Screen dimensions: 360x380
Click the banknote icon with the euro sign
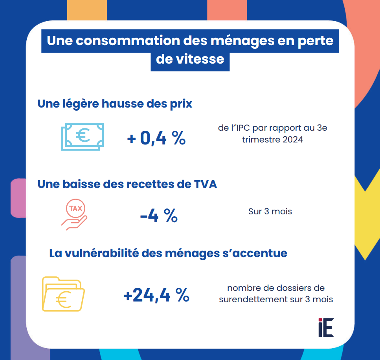click(83, 137)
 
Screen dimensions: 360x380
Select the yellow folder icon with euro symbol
click(63, 294)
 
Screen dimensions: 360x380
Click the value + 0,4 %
click(156, 138)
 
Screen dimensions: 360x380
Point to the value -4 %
click(159, 216)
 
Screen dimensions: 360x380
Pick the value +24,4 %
click(156, 295)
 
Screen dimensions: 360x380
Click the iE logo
click(326, 327)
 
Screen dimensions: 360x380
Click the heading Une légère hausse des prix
click(115, 104)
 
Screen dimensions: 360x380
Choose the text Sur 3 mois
click(270, 211)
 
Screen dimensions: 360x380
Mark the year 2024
click(292, 139)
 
